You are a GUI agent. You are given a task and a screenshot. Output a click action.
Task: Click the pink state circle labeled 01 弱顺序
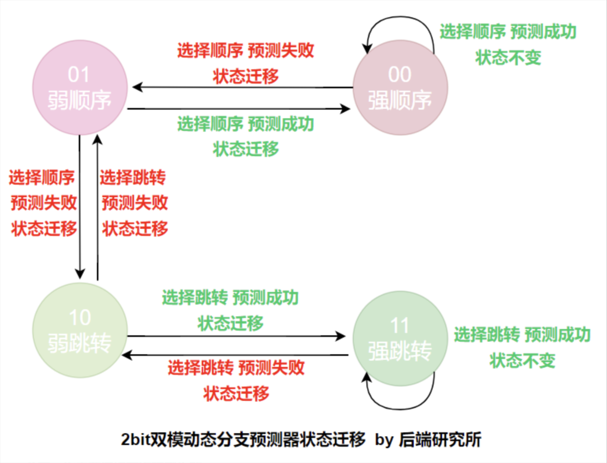click(80, 88)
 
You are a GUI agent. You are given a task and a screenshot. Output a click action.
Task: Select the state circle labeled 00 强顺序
click(400, 88)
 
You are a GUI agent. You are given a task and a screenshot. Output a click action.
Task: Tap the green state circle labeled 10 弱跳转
click(80, 331)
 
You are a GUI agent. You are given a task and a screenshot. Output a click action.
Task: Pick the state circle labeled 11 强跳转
click(400, 338)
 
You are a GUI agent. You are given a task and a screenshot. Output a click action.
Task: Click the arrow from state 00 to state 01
click(243, 87)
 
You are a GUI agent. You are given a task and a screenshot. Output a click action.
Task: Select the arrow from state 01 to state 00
click(239, 109)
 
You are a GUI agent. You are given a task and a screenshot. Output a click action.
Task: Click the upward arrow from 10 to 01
click(98, 208)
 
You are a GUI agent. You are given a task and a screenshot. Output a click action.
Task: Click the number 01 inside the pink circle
click(79, 75)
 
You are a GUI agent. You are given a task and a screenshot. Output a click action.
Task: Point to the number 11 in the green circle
click(400, 326)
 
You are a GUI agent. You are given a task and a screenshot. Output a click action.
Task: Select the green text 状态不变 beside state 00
click(508, 58)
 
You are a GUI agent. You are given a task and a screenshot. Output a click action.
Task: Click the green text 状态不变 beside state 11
click(522, 361)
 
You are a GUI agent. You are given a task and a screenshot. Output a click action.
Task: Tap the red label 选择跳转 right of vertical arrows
click(132, 177)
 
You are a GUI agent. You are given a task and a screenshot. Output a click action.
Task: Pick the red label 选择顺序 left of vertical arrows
click(41, 177)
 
